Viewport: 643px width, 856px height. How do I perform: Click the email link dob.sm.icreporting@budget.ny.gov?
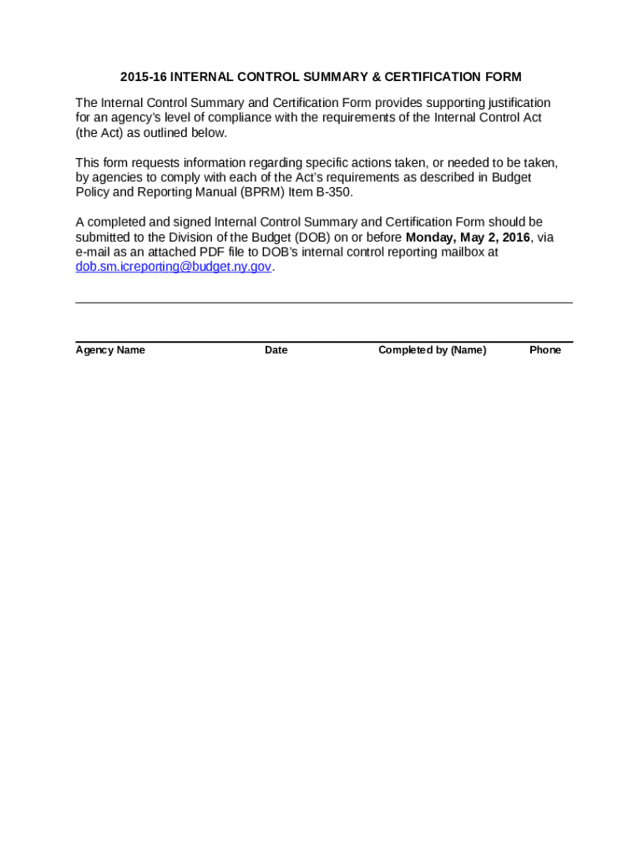[174, 267]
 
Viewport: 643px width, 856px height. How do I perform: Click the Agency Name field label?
[110, 350]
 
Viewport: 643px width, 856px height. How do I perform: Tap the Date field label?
[276, 350]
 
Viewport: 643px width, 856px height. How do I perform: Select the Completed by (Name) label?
[432, 350]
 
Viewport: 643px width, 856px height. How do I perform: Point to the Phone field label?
[544, 350]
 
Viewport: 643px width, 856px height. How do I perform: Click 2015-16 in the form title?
[144, 77]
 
